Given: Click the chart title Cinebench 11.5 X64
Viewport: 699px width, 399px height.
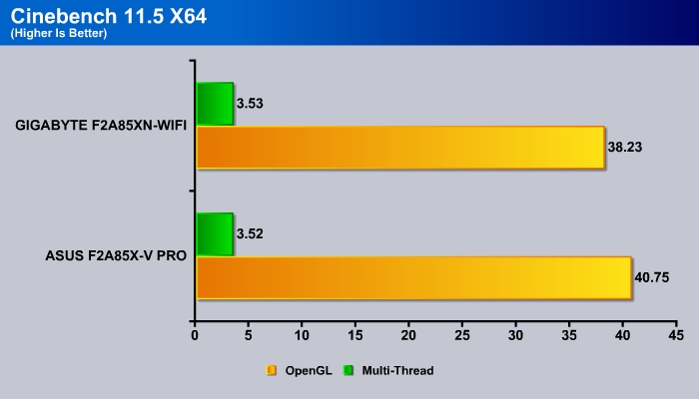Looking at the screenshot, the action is click(108, 17).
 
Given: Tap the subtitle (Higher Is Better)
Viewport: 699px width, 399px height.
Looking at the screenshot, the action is click(59, 33).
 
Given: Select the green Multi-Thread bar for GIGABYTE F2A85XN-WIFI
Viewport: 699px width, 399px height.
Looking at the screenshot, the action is click(215, 104).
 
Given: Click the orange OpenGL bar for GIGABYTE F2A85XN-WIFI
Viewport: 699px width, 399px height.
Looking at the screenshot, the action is click(400, 148).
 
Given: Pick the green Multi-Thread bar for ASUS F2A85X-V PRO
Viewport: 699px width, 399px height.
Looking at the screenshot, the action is click(215, 234).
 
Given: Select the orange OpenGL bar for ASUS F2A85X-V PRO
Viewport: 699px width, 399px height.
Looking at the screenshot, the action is click(414, 278).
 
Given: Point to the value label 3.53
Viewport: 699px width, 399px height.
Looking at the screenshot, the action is click(250, 104).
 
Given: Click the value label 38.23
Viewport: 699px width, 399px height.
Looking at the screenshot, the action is click(624, 148).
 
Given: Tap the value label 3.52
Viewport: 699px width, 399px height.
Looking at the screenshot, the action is click(250, 234).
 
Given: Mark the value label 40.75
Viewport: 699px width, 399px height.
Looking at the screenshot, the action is click(652, 278).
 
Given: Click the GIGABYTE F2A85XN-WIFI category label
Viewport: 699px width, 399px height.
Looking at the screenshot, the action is click(101, 126).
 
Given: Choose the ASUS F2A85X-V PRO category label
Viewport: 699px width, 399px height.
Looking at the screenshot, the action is click(116, 256).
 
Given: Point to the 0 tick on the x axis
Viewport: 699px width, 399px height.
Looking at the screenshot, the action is click(195, 335).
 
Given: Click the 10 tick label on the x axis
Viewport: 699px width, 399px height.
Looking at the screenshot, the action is click(302, 335).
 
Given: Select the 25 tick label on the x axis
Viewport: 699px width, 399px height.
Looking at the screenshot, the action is click(462, 335).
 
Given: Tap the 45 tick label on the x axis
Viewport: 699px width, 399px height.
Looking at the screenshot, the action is click(676, 335).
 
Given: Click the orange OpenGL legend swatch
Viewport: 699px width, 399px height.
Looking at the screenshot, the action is click(271, 370).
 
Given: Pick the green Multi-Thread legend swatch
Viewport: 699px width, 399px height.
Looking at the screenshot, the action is click(349, 370).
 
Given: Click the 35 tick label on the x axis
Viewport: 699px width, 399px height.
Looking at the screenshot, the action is click(569, 335).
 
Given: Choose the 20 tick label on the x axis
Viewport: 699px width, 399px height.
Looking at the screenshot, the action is click(408, 335).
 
